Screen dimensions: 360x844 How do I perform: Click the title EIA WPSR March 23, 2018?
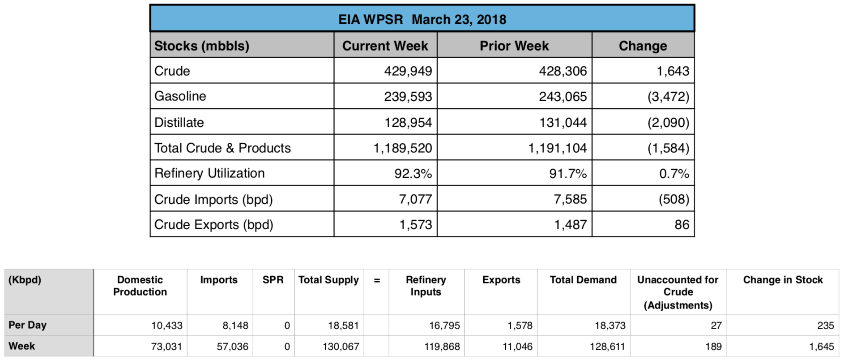422,19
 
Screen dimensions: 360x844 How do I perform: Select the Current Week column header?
385,46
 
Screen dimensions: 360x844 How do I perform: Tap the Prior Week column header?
514,46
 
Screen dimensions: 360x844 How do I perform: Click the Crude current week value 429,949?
408,71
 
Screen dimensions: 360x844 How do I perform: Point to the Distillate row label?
179,122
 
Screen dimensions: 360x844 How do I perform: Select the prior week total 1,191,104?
557,148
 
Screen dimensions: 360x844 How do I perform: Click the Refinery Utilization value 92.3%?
413,173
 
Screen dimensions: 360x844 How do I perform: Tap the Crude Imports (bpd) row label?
213,199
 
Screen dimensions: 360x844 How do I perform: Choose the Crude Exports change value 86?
682,224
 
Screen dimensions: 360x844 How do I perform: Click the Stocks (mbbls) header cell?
202,46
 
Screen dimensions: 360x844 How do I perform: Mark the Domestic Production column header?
140,286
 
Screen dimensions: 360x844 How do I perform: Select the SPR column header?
273,280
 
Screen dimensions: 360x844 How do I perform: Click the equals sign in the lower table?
377,280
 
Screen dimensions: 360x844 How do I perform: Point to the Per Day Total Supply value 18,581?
343,326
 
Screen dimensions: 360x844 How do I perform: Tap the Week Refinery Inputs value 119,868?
442,347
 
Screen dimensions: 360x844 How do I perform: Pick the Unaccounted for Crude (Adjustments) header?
678,292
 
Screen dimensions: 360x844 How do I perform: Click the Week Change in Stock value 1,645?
821,347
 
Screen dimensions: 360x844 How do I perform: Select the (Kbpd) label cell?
25,280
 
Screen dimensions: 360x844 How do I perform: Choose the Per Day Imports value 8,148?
235,326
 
